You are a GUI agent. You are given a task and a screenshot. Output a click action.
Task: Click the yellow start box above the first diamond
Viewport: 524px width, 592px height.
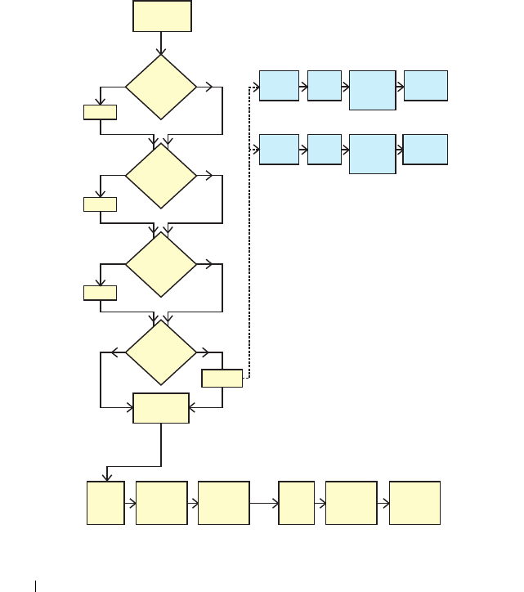(162, 16)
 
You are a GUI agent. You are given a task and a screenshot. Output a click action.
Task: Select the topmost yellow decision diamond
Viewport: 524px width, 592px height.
(161, 87)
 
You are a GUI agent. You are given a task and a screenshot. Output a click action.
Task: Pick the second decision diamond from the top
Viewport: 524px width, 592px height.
(161, 176)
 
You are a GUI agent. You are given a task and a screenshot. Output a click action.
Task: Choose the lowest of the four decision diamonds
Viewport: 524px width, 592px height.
(161, 352)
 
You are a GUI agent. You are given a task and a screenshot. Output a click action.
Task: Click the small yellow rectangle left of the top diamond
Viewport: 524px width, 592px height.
(100, 112)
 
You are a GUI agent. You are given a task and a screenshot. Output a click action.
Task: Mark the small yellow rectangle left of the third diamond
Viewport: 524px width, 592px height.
(100, 292)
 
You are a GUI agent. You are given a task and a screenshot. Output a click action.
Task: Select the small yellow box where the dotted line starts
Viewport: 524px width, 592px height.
(222, 378)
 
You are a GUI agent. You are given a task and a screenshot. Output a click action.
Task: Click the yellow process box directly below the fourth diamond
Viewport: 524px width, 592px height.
(161, 408)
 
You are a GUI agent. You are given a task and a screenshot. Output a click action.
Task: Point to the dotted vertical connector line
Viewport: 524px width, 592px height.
(249, 245)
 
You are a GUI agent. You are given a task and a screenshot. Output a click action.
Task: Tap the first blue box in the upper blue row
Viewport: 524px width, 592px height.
(279, 85)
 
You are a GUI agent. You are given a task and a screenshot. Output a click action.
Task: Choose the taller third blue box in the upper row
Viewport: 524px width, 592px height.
(372, 90)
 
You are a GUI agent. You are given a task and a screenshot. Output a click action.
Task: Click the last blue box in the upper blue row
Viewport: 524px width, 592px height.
(426, 85)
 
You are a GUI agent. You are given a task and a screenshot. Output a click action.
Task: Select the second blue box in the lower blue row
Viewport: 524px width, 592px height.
(325, 150)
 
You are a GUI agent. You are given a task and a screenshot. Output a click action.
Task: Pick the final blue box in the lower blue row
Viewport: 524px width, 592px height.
(426, 150)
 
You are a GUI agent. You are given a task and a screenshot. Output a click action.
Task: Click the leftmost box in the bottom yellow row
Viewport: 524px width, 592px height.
(105, 503)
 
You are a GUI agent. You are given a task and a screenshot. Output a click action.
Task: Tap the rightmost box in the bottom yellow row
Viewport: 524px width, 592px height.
(414, 503)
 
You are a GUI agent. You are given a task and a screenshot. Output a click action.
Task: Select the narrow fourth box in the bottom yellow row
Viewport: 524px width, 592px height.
(296, 503)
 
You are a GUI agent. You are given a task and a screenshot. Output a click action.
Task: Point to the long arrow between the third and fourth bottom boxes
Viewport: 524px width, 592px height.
(263, 503)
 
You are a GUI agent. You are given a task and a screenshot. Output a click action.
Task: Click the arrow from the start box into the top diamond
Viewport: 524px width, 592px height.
(162, 43)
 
